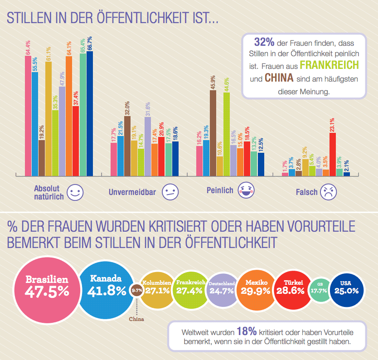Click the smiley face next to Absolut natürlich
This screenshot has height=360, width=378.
click(75, 192)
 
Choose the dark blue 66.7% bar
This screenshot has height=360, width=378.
click(90, 113)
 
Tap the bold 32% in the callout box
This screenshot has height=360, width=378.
click(265, 42)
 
